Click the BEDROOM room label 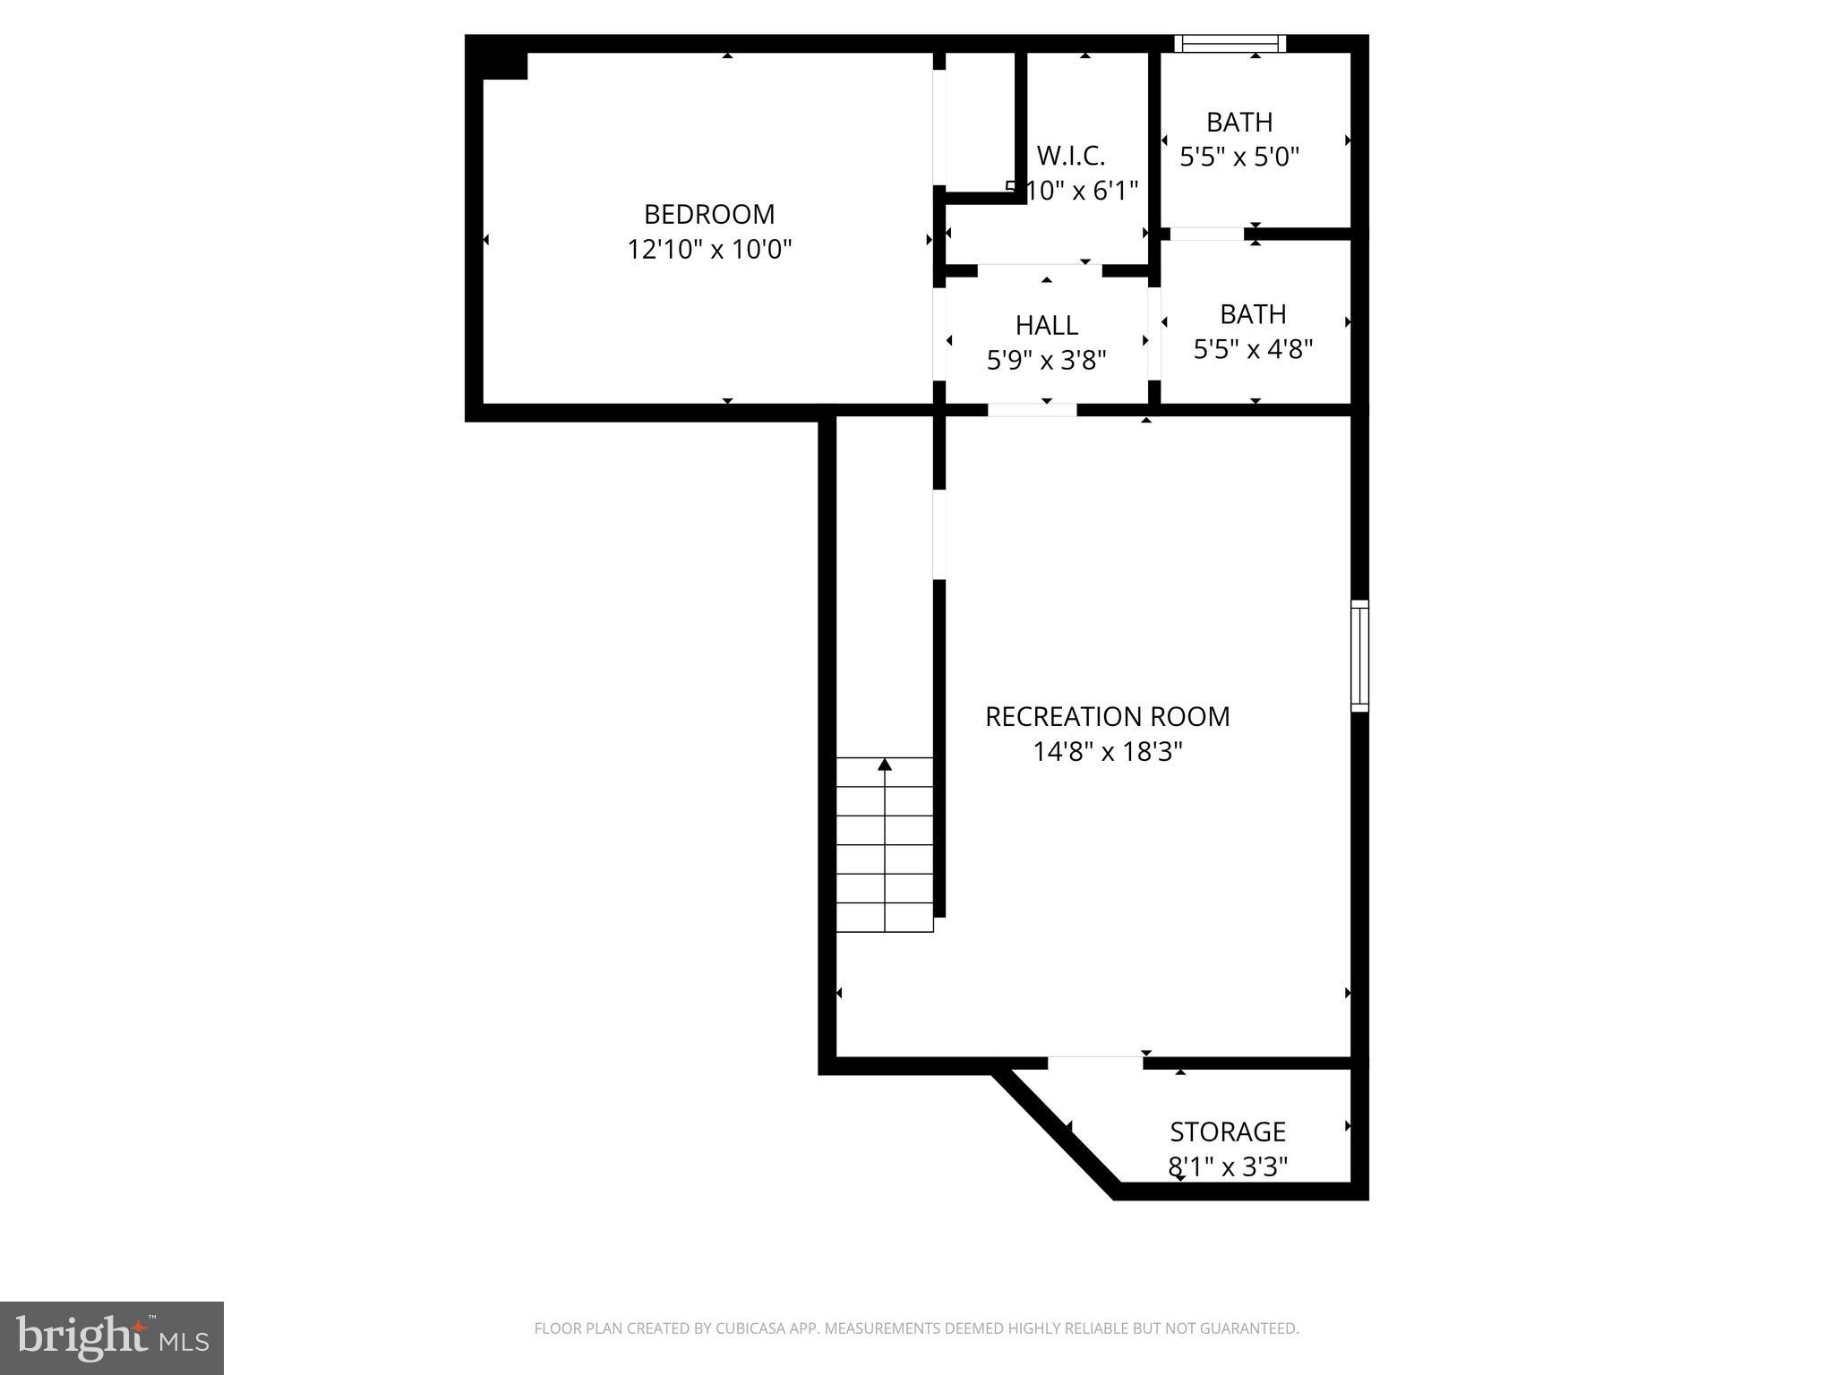point(708,214)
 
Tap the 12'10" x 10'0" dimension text point(708,249)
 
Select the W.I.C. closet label point(1071,156)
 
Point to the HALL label point(1046,324)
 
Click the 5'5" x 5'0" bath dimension point(1238,158)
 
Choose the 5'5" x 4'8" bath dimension point(1252,349)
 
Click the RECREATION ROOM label point(1107,716)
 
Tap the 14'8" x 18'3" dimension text point(1107,752)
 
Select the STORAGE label point(1227,1132)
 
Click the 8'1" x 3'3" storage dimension point(1227,1166)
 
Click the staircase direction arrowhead point(885,764)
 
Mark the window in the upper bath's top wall point(1230,43)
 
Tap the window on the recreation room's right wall point(1359,656)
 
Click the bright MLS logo point(111,1337)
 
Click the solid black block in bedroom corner point(504,65)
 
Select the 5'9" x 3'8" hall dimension point(1046,360)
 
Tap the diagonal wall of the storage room point(1057,1132)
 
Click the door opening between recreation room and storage point(1095,1063)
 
